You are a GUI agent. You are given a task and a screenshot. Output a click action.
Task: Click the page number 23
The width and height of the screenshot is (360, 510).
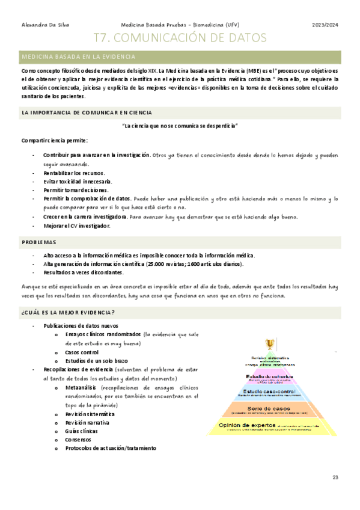point(335,478)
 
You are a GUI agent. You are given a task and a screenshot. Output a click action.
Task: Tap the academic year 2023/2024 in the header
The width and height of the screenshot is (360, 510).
point(325,25)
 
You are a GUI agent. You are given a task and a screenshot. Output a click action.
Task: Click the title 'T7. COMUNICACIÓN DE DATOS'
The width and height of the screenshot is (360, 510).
point(180,38)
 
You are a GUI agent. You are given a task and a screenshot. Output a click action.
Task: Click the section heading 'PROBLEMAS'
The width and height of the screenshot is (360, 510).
point(39,242)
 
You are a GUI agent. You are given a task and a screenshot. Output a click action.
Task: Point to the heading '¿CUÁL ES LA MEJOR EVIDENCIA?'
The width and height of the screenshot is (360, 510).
point(68,312)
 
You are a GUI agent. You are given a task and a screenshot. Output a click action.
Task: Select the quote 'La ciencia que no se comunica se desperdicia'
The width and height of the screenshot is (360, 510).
point(180,126)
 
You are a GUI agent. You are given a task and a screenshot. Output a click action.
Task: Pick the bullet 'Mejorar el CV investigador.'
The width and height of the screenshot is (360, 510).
point(76,226)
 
